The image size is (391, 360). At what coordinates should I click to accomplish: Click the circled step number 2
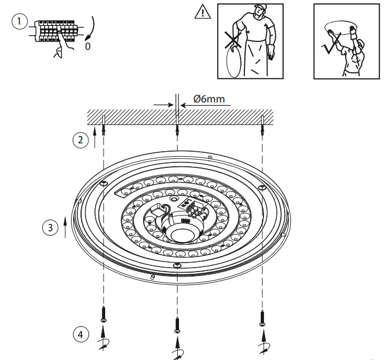(x=82, y=140)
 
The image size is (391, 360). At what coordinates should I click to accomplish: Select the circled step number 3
(x=50, y=227)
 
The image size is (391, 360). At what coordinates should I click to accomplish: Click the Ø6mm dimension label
(x=209, y=99)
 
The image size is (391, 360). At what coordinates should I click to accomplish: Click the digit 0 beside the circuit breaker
(x=87, y=46)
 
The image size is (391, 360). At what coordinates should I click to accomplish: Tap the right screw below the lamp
(x=262, y=317)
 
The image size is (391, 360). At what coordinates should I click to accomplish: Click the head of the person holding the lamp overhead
(x=358, y=44)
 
